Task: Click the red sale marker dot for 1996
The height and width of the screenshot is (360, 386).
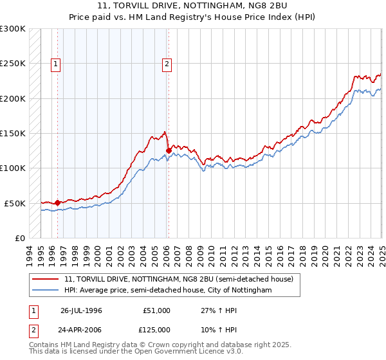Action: click(x=57, y=203)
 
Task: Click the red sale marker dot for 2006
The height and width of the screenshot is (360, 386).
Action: click(x=169, y=150)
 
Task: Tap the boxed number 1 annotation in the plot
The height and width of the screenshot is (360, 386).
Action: click(x=56, y=64)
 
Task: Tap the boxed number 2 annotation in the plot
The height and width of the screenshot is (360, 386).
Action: click(x=167, y=64)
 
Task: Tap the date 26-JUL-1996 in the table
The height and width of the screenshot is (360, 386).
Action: click(x=81, y=310)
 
